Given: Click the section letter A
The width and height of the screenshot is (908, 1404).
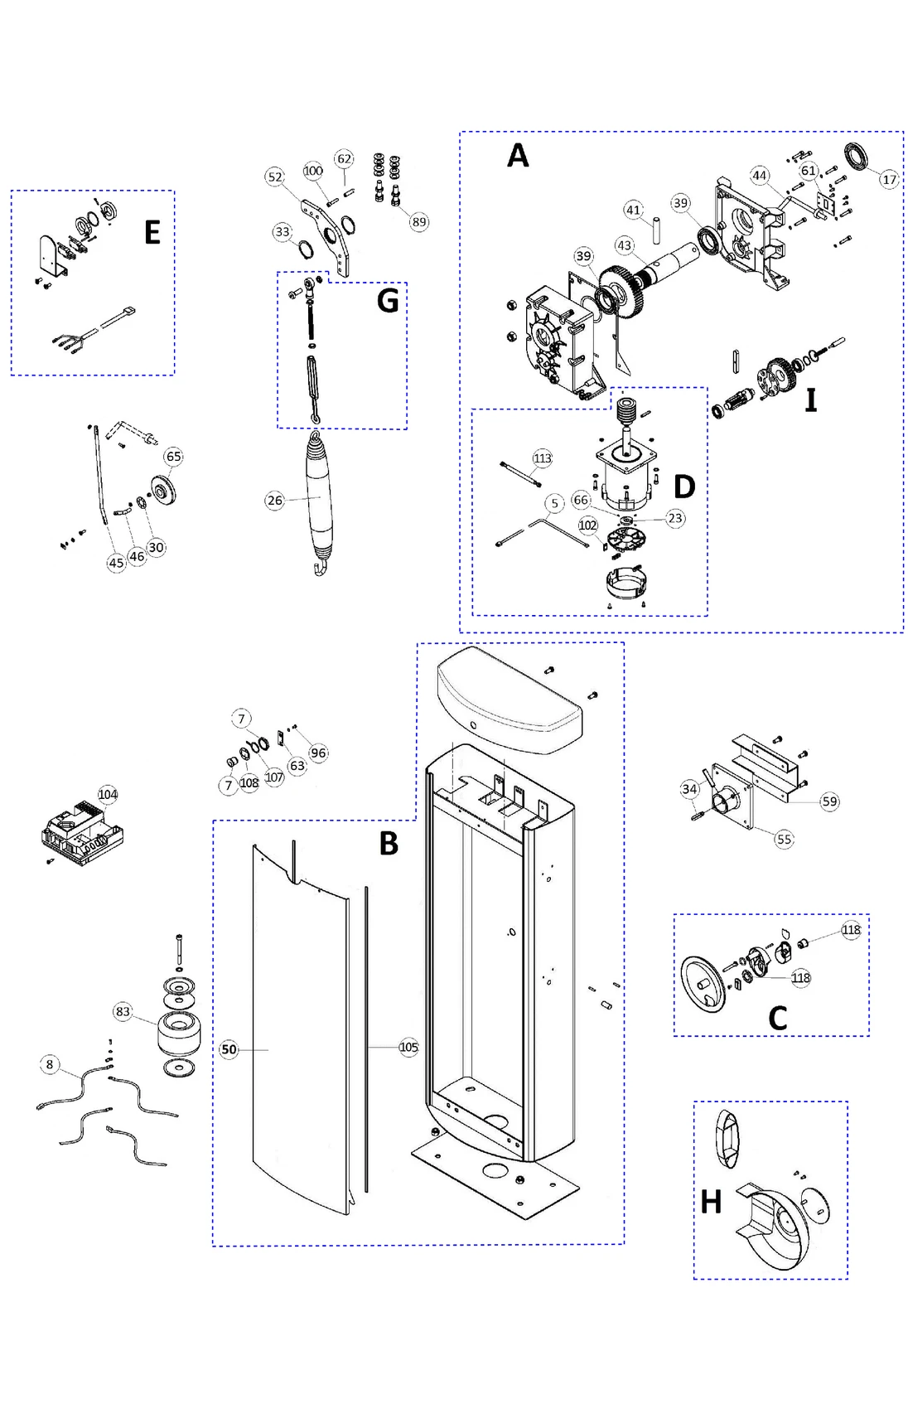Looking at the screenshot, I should (x=517, y=156).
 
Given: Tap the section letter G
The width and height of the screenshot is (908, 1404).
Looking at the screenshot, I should (x=387, y=300).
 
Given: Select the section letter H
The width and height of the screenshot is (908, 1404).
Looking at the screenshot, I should (x=711, y=1202).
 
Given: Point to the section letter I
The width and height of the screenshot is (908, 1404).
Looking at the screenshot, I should (x=811, y=400).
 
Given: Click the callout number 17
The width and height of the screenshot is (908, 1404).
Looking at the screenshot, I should (x=888, y=180).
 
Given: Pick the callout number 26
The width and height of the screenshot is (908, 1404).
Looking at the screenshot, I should (x=274, y=501).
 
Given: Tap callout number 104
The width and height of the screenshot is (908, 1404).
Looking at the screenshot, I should (x=108, y=794).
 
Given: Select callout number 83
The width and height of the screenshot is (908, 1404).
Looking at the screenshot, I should (x=123, y=1011).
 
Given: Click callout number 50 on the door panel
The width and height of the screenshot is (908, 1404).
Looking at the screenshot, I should (x=229, y=1049).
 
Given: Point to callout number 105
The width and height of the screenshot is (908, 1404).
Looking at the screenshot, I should (x=408, y=1048).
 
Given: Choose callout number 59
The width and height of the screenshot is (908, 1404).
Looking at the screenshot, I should (x=829, y=801).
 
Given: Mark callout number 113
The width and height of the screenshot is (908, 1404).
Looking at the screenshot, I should (x=542, y=458).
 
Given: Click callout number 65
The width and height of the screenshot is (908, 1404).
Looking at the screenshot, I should (x=173, y=457).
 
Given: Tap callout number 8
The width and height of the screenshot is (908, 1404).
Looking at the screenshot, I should (x=50, y=1064).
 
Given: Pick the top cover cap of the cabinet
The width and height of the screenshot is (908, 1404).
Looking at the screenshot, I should (x=510, y=700).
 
